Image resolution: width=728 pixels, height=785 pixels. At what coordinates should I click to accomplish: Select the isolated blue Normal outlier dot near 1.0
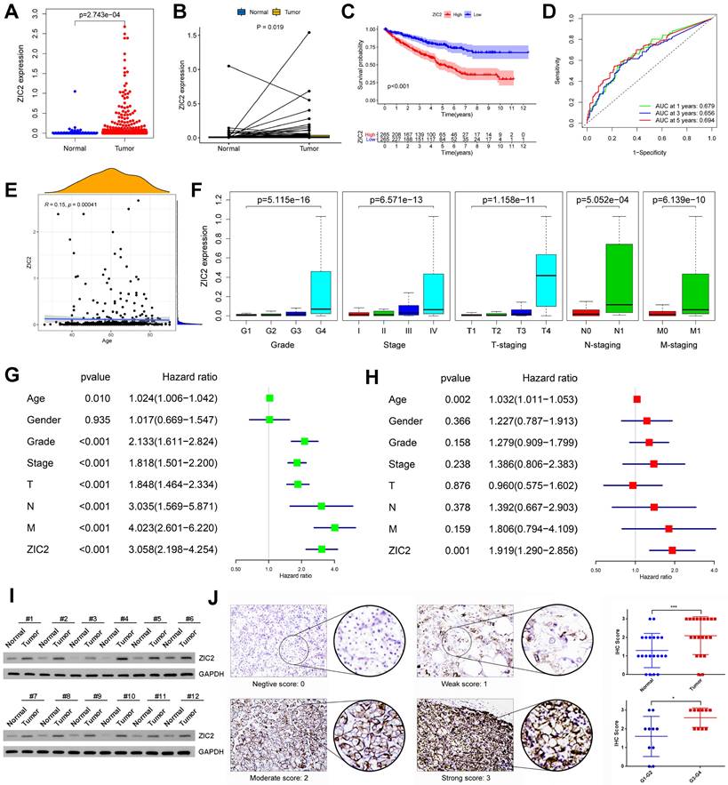pyautogui.click(x=51, y=91)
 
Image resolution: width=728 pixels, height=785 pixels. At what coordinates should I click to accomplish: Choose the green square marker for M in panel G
pyautogui.click(x=334, y=527)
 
